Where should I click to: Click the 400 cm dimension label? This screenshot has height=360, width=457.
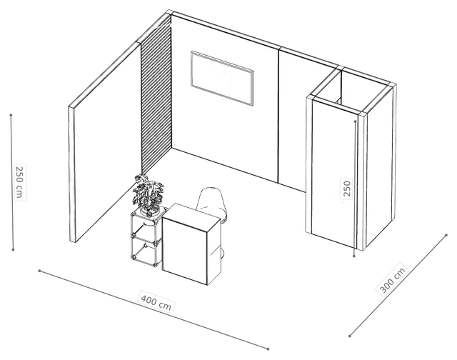point(156,302)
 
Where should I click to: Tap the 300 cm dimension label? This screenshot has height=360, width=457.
point(392,280)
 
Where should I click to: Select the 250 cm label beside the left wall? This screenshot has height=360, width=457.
point(20,182)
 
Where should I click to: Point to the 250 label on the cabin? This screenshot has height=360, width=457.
point(346,189)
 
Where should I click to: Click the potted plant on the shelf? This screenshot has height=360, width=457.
point(149,194)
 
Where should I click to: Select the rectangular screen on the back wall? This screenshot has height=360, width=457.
point(222,79)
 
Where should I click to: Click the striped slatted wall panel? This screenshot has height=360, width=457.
point(156,96)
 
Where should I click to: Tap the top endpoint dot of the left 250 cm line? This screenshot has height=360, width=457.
point(11,115)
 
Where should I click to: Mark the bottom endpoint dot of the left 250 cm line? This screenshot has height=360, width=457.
point(13,249)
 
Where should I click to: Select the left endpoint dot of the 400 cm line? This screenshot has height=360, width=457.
point(39,271)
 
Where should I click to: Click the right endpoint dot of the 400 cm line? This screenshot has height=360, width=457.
point(268,349)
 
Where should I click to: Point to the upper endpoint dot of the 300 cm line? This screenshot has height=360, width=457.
point(446,235)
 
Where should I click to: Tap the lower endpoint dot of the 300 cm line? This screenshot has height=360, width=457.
point(350,336)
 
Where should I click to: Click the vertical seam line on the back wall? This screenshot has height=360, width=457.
point(278,115)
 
